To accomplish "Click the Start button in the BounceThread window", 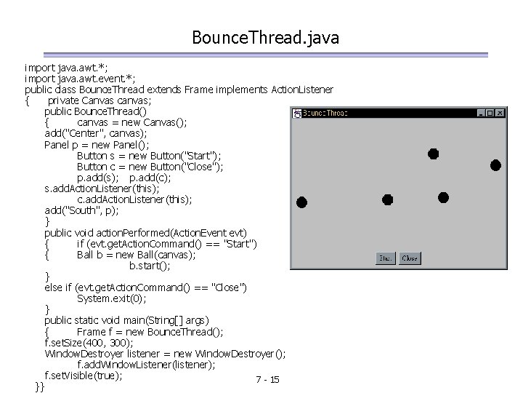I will [x=385, y=258].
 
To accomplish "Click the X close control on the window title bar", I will [x=500, y=113].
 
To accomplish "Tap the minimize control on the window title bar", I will [x=481, y=113].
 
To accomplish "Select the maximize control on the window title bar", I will [x=490, y=113].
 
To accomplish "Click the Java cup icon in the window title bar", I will [x=296, y=113].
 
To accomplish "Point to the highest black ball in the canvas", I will [x=433, y=154].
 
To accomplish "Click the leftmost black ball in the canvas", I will [x=301, y=202].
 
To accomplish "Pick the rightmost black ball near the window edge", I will [x=495, y=165].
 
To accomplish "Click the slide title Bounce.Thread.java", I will [x=266, y=36].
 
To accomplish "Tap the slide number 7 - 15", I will [x=268, y=380].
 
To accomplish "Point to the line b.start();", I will [x=150, y=266].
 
